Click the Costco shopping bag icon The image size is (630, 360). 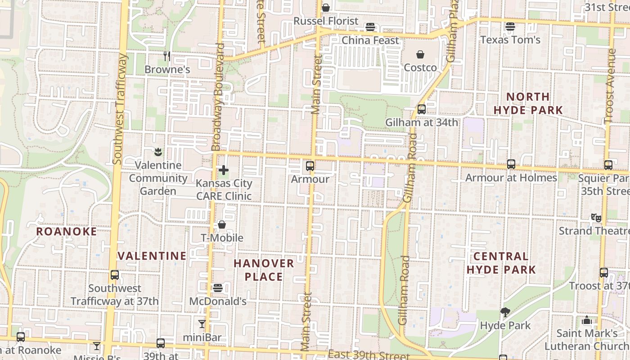pyautogui.click(x=420, y=54)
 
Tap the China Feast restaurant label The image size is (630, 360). pyautogui.click(x=370, y=40)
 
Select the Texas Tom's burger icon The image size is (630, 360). pyautogui.click(x=510, y=26)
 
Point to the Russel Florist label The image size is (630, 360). pyautogui.click(x=326, y=21)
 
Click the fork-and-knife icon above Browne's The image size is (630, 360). pyautogui.click(x=167, y=56)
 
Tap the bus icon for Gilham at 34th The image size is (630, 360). pyautogui.click(x=421, y=109)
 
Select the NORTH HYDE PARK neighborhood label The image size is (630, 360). pyautogui.click(x=528, y=103)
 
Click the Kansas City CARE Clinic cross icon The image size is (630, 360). pyautogui.click(x=223, y=170)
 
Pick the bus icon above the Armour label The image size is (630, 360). pyautogui.click(x=310, y=166)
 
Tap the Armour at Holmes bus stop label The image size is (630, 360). pyautogui.click(x=511, y=178)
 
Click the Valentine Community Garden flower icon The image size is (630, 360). pyautogui.click(x=158, y=151)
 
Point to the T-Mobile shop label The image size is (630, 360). pyautogui.click(x=222, y=238)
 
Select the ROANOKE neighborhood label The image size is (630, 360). pyautogui.click(x=66, y=232)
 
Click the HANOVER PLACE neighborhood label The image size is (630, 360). pyautogui.click(x=264, y=270)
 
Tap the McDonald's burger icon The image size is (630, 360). pyautogui.click(x=218, y=288)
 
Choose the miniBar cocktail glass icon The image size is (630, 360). pyautogui.click(x=202, y=324)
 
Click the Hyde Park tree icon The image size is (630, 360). pyautogui.click(x=505, y=312)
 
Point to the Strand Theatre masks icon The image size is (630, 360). pyautogui.click(x=596, y=218)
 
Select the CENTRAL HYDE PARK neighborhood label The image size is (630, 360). pyautogui.click(x=501, y=263)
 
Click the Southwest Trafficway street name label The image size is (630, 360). pyautogui.click(x=118, y=109)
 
